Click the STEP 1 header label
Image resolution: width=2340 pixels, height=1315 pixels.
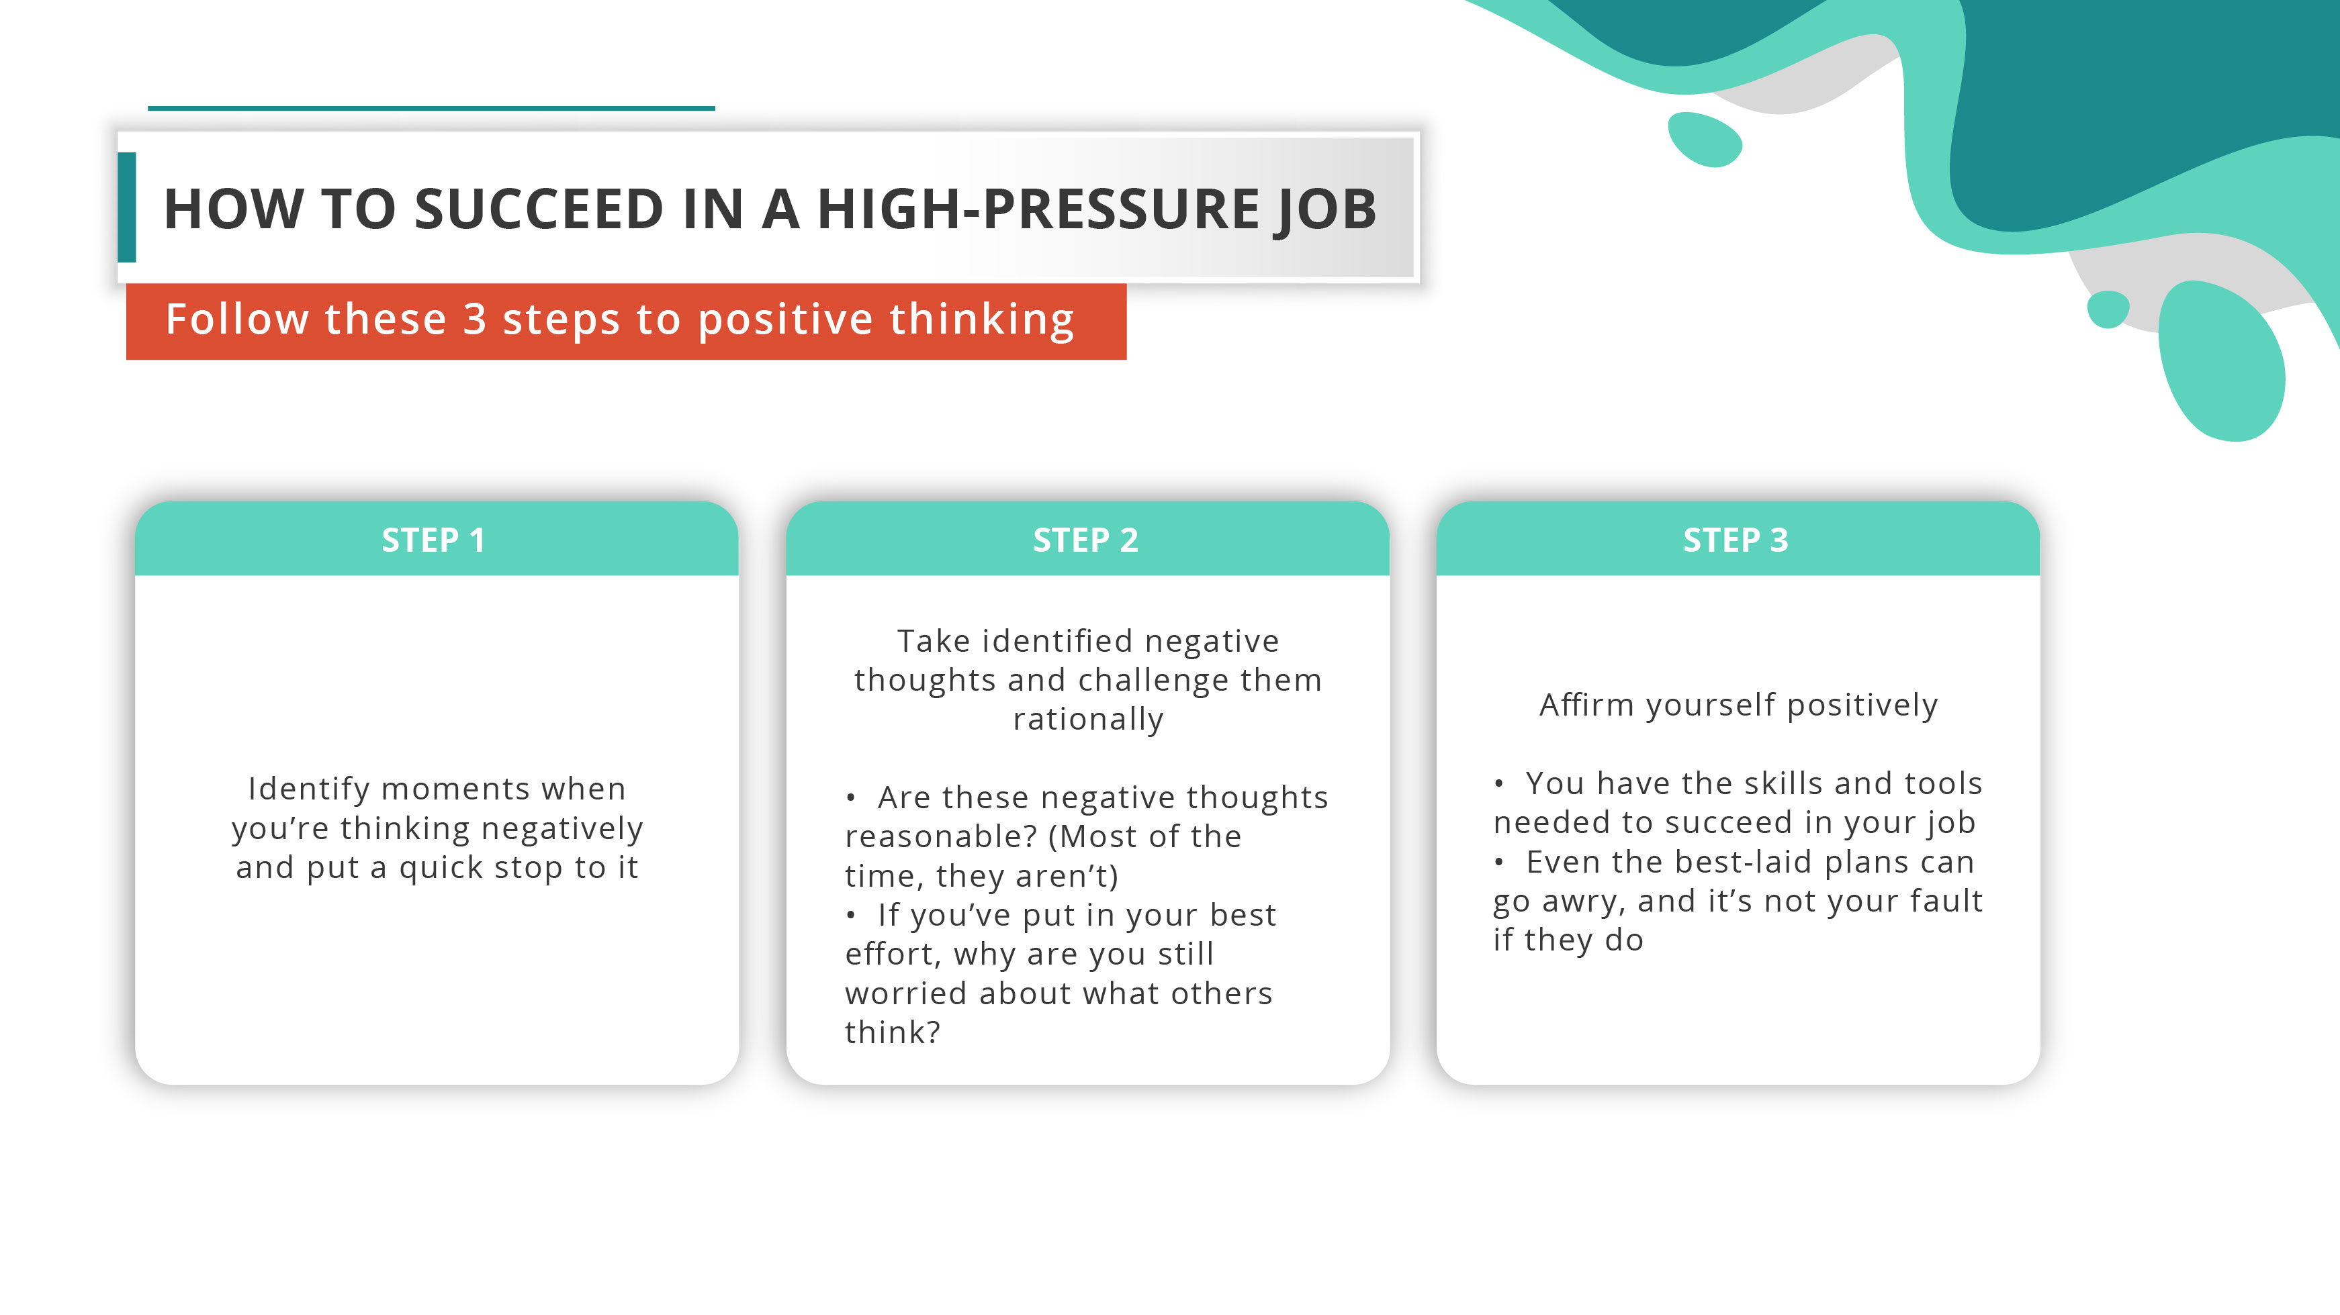[x=433, y=540]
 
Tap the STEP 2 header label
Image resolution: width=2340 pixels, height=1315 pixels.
[x=1085, y=540]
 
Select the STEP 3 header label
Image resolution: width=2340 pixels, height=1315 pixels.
[x=1735, y=540]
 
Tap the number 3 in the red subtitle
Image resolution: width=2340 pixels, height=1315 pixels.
[x=475, y=320]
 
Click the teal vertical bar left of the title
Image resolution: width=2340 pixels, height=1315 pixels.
[x=127, y=207]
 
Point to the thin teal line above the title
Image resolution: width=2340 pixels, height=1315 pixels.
[x=431, y=108]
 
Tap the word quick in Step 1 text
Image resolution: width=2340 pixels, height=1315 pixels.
[x=438, y=868]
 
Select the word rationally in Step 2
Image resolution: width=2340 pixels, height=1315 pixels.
[x=1087, y=719]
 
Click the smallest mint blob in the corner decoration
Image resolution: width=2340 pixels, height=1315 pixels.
[x=2108, y=309]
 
